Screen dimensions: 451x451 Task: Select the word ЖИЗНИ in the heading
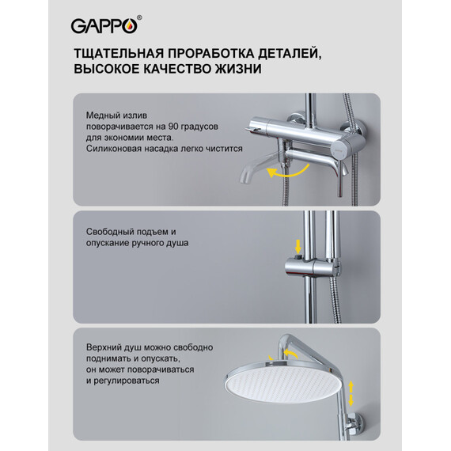pyautogui.click(x=234, y=70)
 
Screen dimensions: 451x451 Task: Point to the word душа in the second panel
pyautogui.click(x=179, y=244)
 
